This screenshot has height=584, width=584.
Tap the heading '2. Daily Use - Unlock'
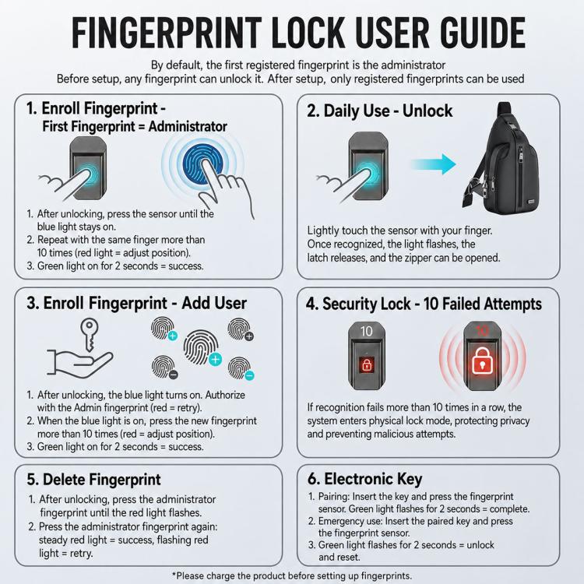pos(379,111)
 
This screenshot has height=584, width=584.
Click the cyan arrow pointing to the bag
pos(433,164)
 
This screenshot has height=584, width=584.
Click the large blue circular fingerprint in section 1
pos(203,164)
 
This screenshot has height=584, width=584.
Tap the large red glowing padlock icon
pos(482,361)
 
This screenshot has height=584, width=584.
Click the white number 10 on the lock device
pos(367,331)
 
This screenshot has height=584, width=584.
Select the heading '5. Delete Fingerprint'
pos(93,480)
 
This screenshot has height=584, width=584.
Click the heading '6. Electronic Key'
pos(365,479)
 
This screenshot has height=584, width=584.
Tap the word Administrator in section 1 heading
pos(188,127)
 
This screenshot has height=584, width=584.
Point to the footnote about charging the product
pos(292,575)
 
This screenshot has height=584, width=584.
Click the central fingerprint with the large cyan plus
pos(202,348)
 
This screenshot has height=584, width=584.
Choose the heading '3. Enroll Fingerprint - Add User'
pos(137,303)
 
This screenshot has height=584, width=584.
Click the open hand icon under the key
pos(79,364)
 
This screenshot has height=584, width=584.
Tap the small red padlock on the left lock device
pos(367,364)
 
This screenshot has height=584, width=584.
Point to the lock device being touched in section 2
pos(368,166)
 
